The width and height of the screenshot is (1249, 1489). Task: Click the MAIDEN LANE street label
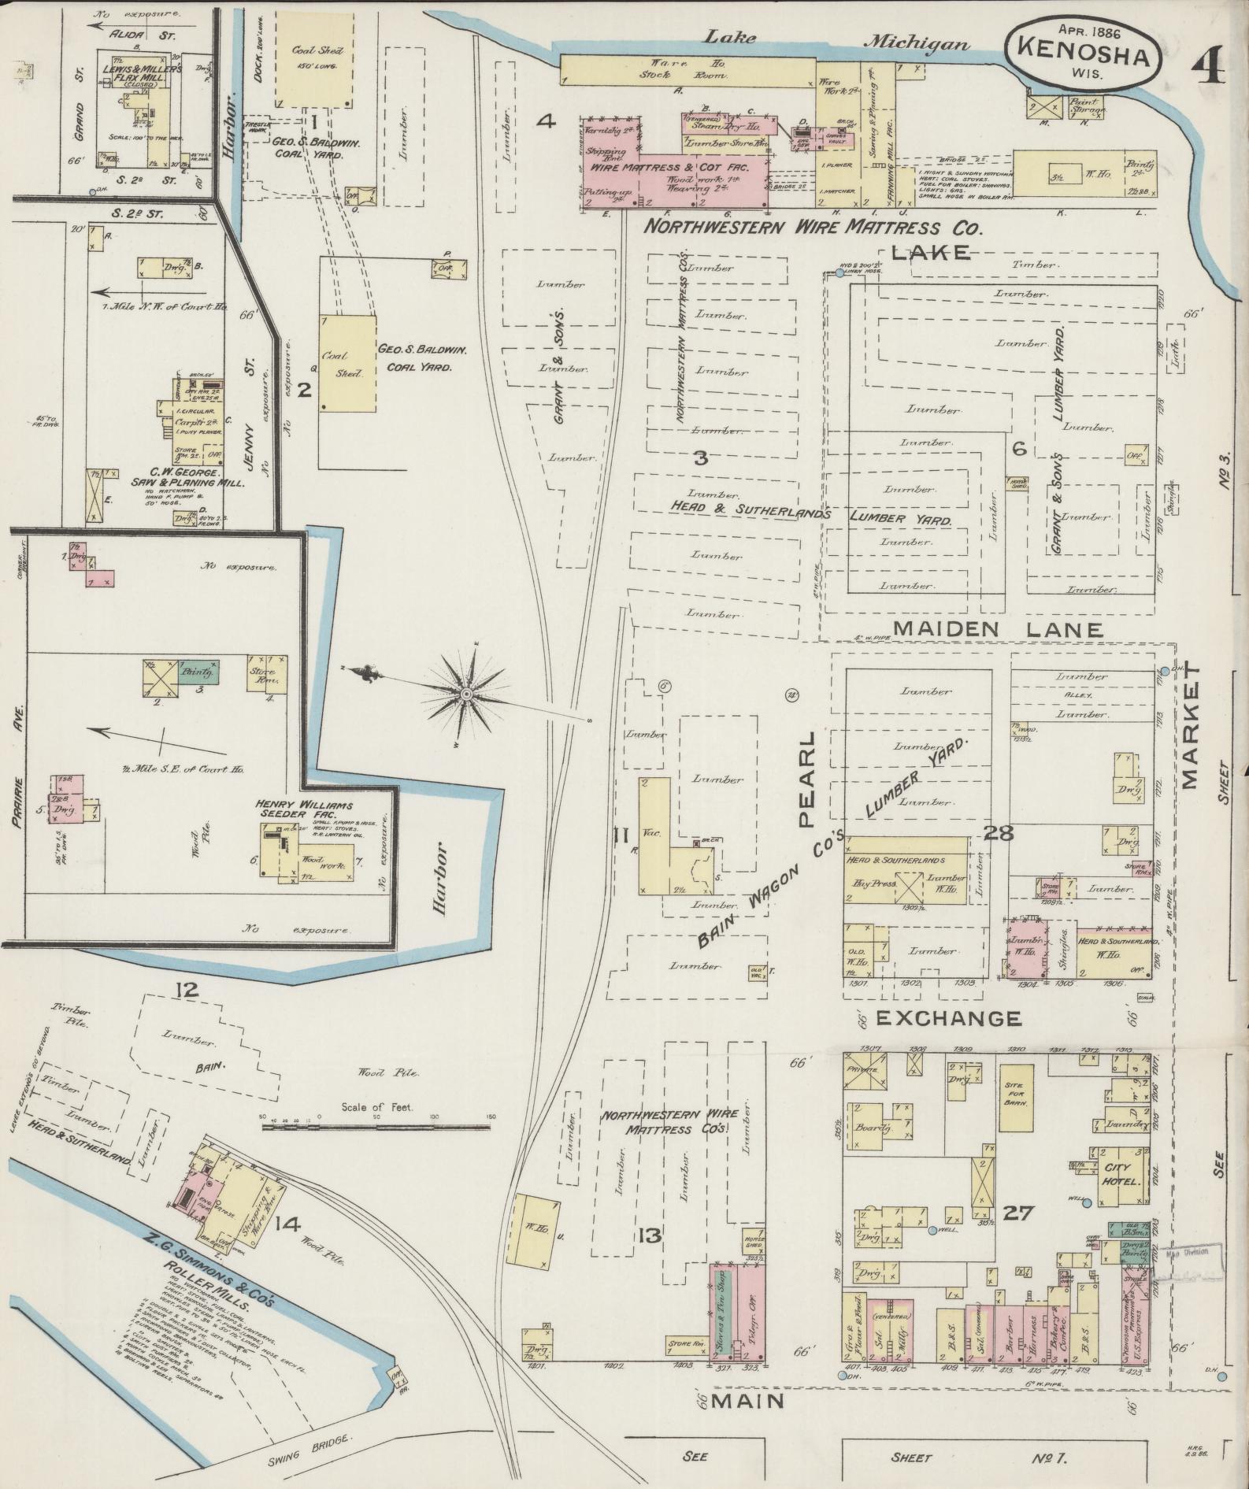(x=999, y=628)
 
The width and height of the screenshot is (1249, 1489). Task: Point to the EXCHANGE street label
(x=948, y=1018)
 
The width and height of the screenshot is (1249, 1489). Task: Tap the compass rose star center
(x=466, y=694)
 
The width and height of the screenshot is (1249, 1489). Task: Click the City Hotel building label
(x=1117, y=1176)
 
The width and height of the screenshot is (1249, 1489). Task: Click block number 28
(x=998, y=833)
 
